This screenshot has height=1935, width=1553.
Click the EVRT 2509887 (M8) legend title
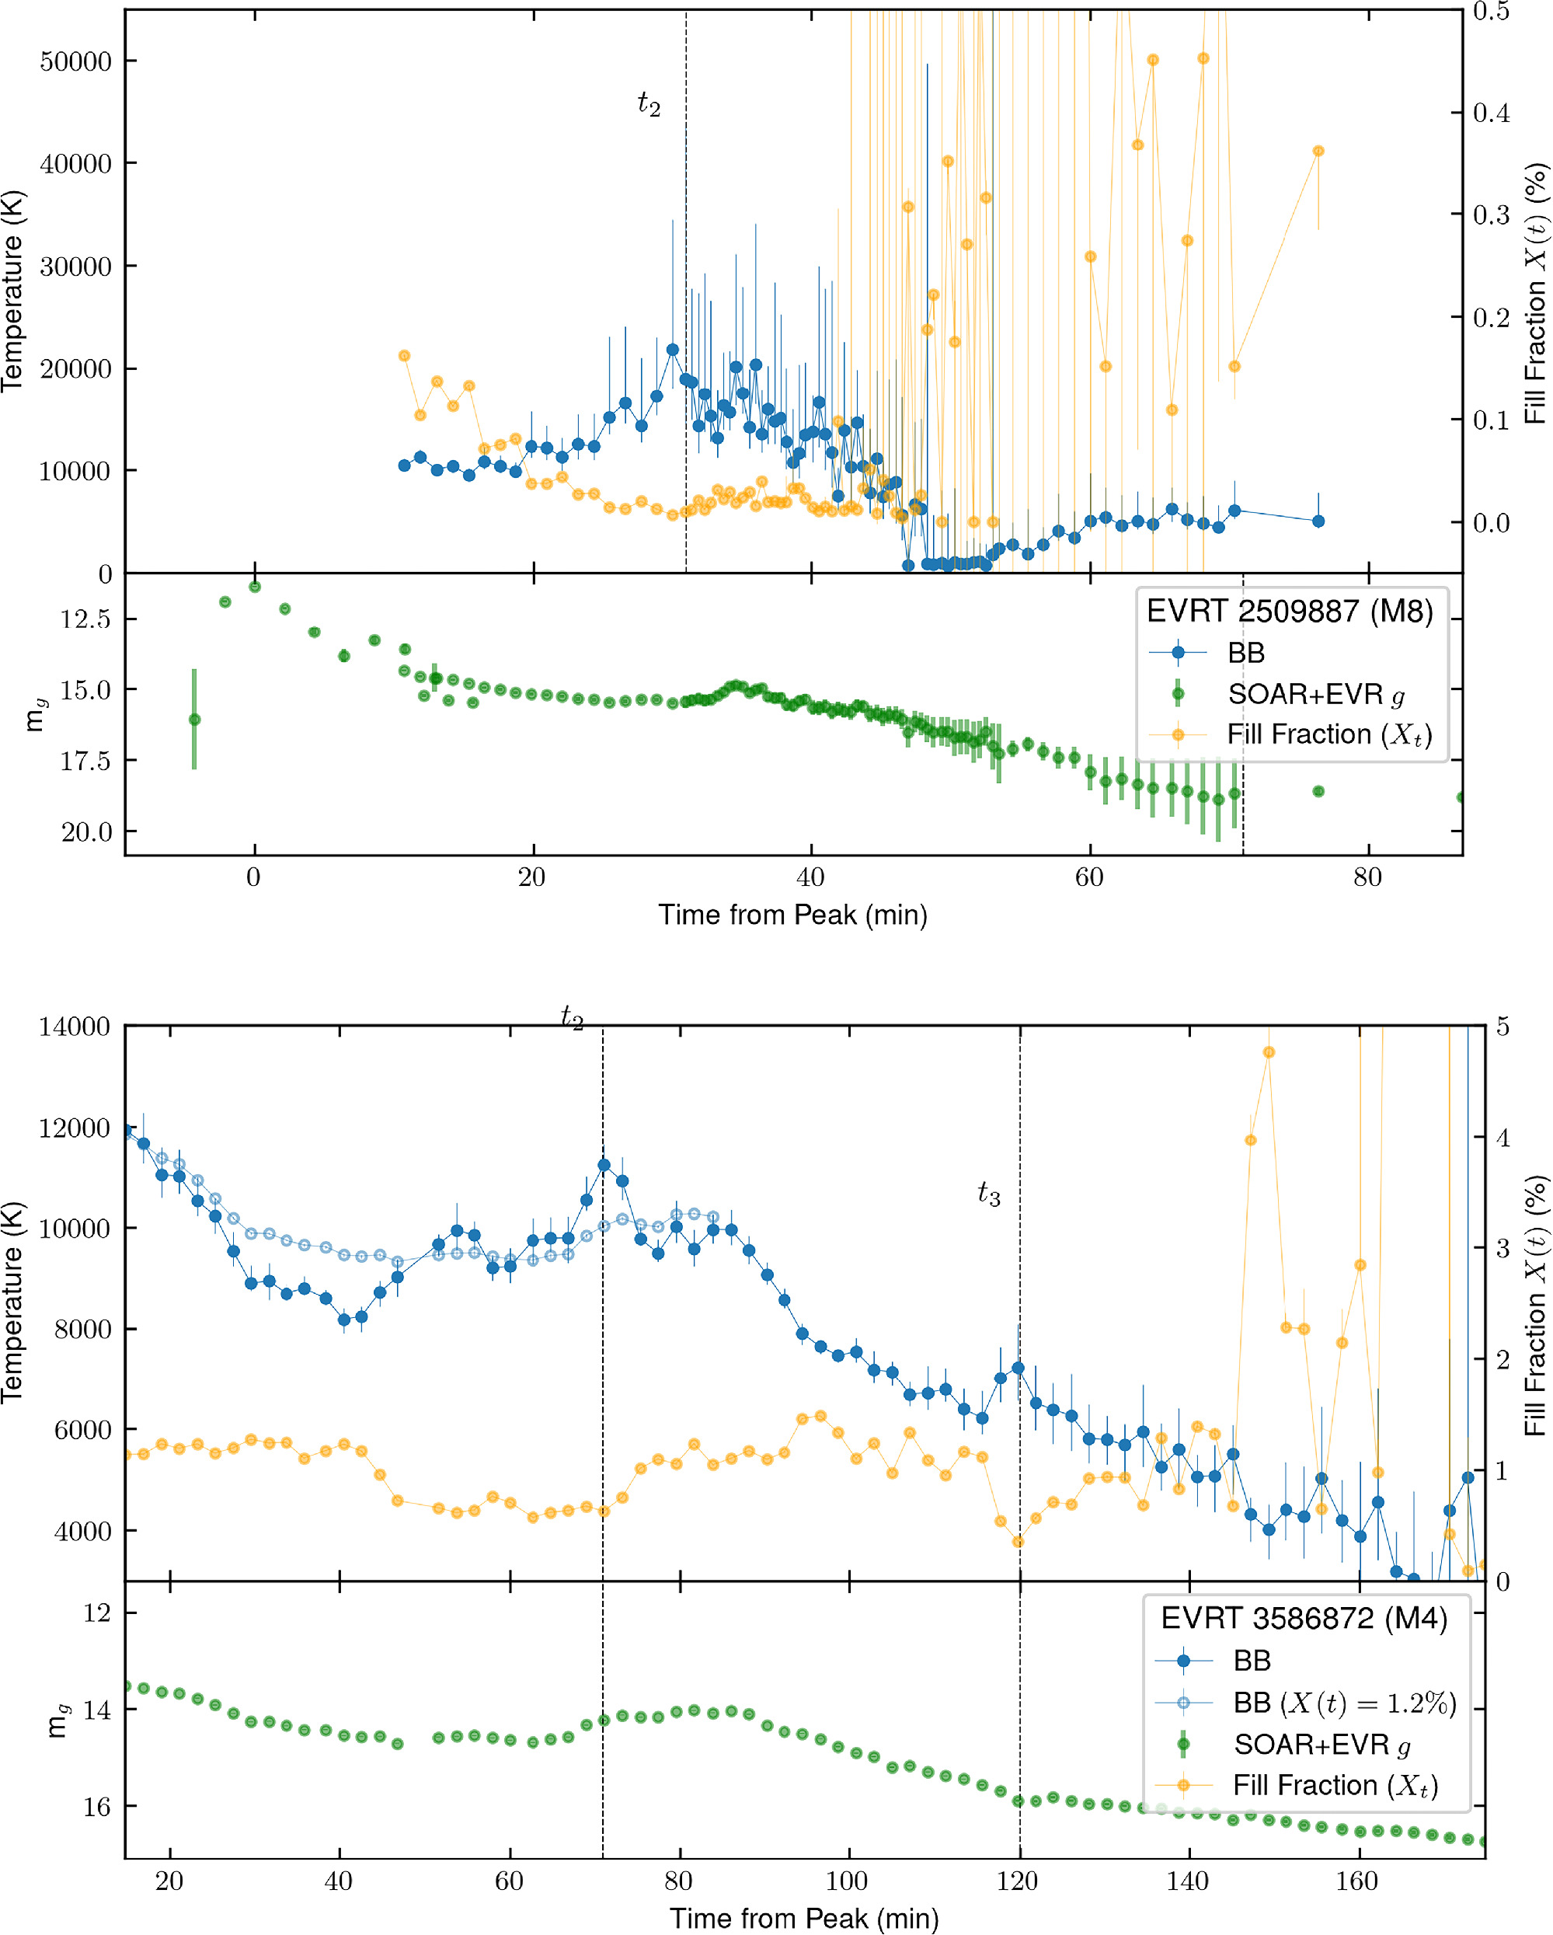(x=1289, y=612)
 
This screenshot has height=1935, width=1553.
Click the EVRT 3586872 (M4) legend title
(x=1304, y=1618)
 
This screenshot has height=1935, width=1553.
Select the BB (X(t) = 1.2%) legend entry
(x=1344, y=1703)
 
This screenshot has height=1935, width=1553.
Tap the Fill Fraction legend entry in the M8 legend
(x=1328, y=735)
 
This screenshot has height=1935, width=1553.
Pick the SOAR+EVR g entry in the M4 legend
(x=1321, y=1745)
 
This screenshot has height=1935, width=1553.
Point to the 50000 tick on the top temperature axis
(x=76, y=62)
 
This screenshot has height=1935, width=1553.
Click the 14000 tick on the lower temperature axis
(x=75, y=1027)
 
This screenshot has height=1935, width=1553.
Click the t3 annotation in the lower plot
(x=989, y=1194)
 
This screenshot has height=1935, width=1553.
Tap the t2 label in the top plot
(x=649, y=104)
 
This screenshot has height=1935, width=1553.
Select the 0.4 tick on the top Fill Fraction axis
(x=1491, y=113)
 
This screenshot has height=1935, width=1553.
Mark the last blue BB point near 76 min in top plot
(x=1318, y=521)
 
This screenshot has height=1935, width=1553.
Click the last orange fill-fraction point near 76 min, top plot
(x=1318, y=152)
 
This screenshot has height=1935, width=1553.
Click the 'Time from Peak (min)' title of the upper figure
(x=793, y=915)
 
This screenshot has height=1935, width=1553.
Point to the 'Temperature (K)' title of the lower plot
(x=13, y=1302)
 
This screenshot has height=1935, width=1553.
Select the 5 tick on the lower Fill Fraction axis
(x=1502, y=1026)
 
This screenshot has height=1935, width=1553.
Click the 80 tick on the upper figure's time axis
(x=1367, y=877)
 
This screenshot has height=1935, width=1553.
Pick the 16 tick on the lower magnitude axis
(x=96, y=1807)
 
